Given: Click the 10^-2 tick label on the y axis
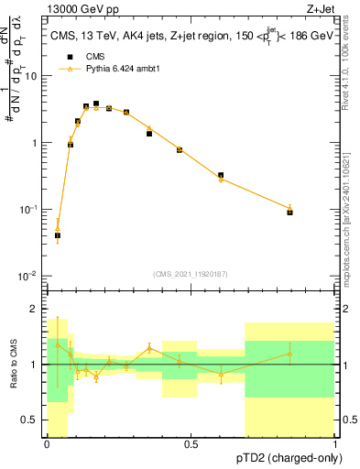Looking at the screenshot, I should tap(30, 276).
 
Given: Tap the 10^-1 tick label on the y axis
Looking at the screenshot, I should tap(30, 210).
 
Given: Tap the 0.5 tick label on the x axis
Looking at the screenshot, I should tap(191, 444).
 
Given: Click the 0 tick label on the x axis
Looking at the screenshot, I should tap(47, 444).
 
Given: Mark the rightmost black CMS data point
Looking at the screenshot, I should tap(289, 212).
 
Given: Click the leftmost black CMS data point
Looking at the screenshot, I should tap(58, 235).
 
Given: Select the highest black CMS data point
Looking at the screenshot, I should tap(96, 104).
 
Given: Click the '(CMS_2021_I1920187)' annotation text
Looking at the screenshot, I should tap(191, 272).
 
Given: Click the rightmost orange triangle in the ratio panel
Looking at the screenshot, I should tap(289, 354).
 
